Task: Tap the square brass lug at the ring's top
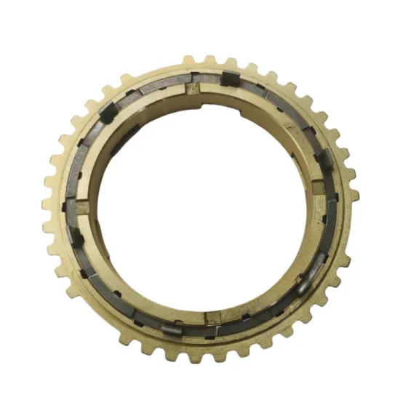point(193,89)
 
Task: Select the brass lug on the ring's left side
point(82,207)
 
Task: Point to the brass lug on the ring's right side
point(319,188)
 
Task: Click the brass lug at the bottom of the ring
point(213,317)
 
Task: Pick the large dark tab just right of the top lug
point(230,79)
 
